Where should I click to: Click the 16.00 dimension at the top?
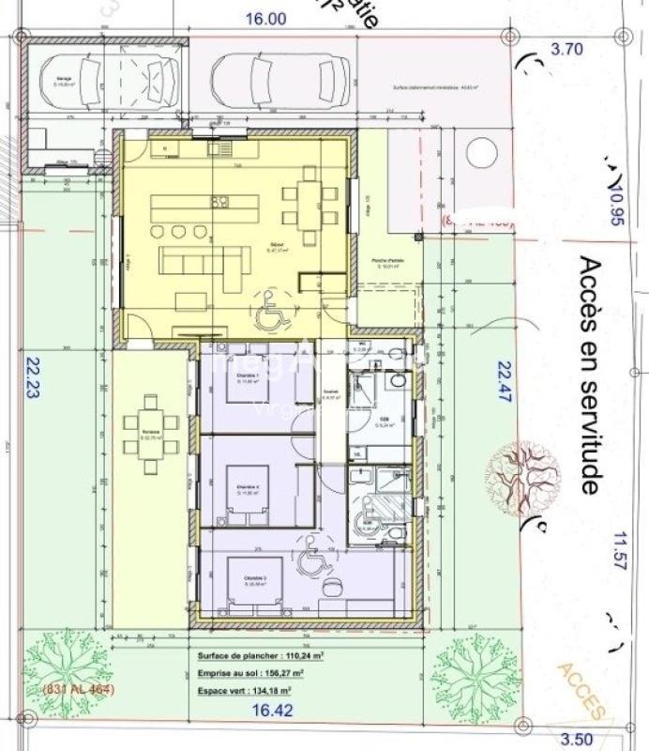[x=265, y=18]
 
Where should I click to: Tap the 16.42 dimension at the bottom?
[x=266, y=712]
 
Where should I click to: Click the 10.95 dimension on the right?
[x=615, y=204]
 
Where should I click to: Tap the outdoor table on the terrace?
[x=151, y=436]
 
